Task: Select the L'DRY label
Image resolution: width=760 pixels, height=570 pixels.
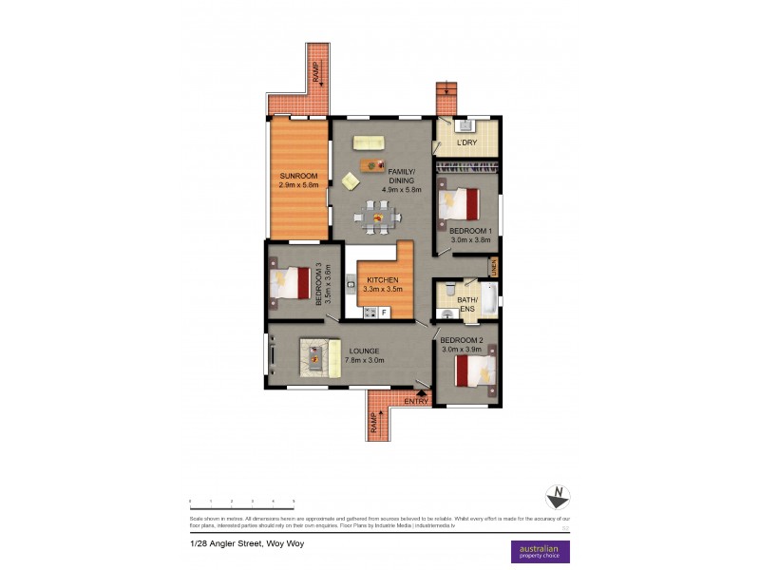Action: click(466, 143)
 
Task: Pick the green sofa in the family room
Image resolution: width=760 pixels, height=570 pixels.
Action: click(368, 142)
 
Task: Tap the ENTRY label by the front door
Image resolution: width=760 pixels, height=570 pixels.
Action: click(416, 402)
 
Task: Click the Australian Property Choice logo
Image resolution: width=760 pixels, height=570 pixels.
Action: click(541, 551)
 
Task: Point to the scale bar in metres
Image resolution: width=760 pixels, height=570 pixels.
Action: click(241, 501)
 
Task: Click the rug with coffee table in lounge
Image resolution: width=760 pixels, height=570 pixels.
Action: click(320, 357)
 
